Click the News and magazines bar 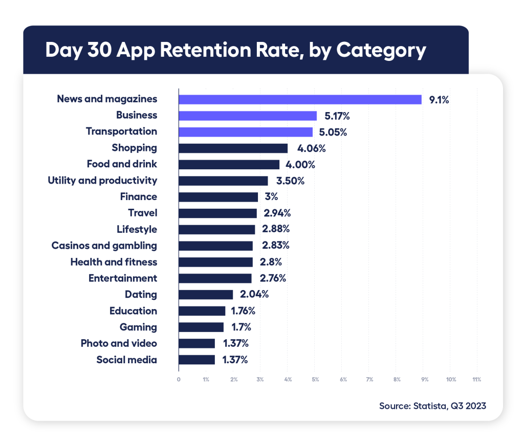pyautogui.click(x=300, y=99)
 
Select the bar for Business pyautogui.click(x=248, y=116)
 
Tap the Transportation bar pyautogui.click(x=246, y=132)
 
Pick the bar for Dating pyautogui.click(x=206, y=295)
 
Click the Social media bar pyautogui.click(x=196, y=360)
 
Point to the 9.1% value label pyautogui.click(x=439, y=100)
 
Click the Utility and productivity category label pyautogui.click(x=102, y=181)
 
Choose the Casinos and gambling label pyautogui.click(x=104, y=246)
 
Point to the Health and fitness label pyautogui.click(x=114, y=262)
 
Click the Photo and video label pyautogui.click(x=119, y=343)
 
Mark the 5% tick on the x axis pyautogui.click(x=315, y=380)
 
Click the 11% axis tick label pyautogui.click(x=477, y=380)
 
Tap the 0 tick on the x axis pyautogui.click(x=179, y=380)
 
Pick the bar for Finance pyautogui.click(x=219, y=197)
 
